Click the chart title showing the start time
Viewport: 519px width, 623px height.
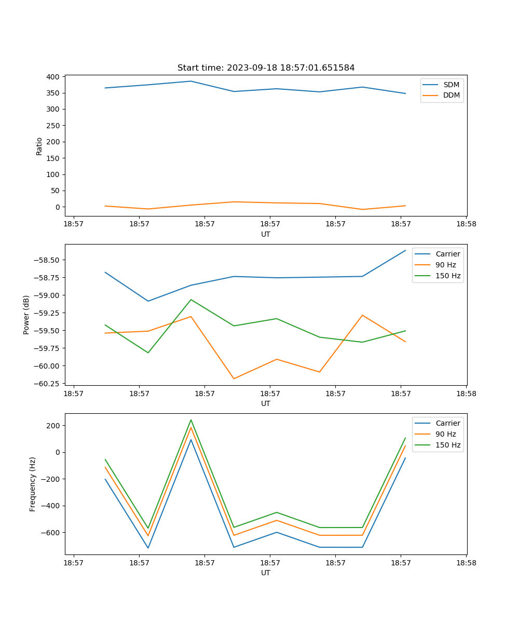tap(266, 68)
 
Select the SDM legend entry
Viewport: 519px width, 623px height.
tap(451, 85)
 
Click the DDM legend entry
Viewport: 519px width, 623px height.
tap(451, 95)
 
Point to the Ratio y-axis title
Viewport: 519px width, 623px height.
tap(39, 146)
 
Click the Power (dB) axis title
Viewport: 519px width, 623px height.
tap(26, 315)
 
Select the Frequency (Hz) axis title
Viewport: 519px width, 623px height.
tap(33, 484)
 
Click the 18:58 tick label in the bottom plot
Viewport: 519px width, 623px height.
tap(466, 562)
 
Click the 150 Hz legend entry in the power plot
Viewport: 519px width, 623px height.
tap(448, 276)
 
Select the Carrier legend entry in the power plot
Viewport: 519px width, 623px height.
tap(447, 254)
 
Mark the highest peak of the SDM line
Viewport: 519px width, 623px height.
tap(191, 81)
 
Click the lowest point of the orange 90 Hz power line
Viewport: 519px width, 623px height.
tap(234, 378)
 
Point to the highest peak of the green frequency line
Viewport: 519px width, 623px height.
tap(191, 419)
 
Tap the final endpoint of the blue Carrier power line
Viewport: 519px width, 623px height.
tap(405, 250)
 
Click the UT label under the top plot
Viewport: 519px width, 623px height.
tap(266, 234)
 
